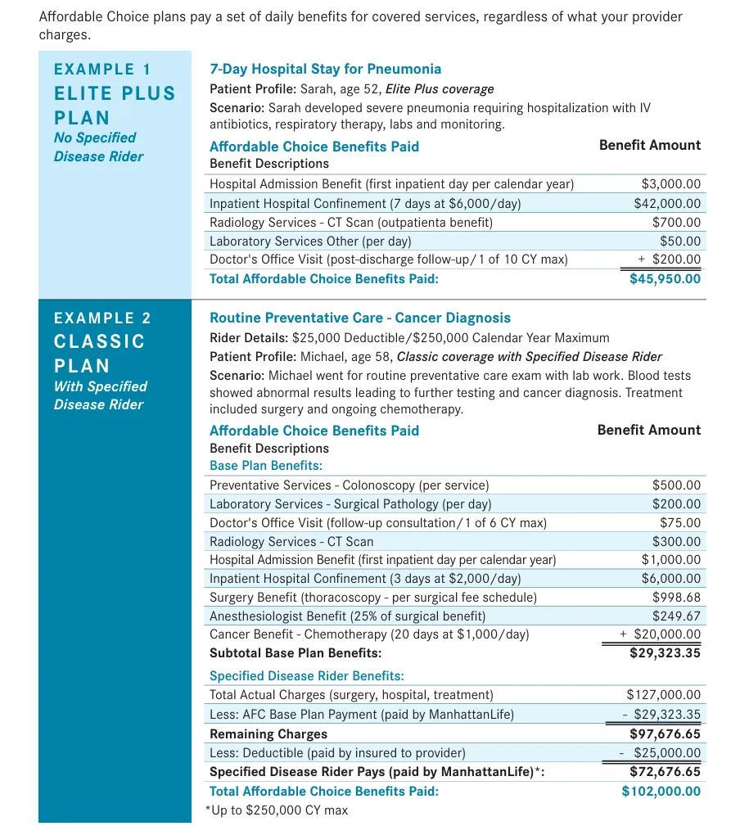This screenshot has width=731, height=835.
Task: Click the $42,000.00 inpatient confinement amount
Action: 667,203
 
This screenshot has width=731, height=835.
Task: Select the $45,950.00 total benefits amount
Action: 665,278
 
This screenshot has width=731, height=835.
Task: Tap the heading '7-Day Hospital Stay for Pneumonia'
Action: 325,69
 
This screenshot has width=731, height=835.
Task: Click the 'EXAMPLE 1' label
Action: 102,70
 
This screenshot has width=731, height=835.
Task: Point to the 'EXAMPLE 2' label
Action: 102,318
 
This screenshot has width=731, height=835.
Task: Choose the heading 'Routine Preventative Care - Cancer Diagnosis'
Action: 359,318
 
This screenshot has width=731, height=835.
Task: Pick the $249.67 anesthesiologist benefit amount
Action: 676,616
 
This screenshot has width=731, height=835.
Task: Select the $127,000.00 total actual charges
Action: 663,694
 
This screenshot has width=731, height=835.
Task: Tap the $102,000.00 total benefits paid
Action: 661,791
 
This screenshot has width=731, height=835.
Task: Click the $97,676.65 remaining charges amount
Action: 665,733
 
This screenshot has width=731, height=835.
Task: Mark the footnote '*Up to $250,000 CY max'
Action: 276,810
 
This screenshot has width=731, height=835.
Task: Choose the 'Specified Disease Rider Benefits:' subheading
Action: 306,675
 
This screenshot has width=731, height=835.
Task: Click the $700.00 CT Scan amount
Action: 676,222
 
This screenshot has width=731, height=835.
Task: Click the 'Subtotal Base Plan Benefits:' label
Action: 296,652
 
